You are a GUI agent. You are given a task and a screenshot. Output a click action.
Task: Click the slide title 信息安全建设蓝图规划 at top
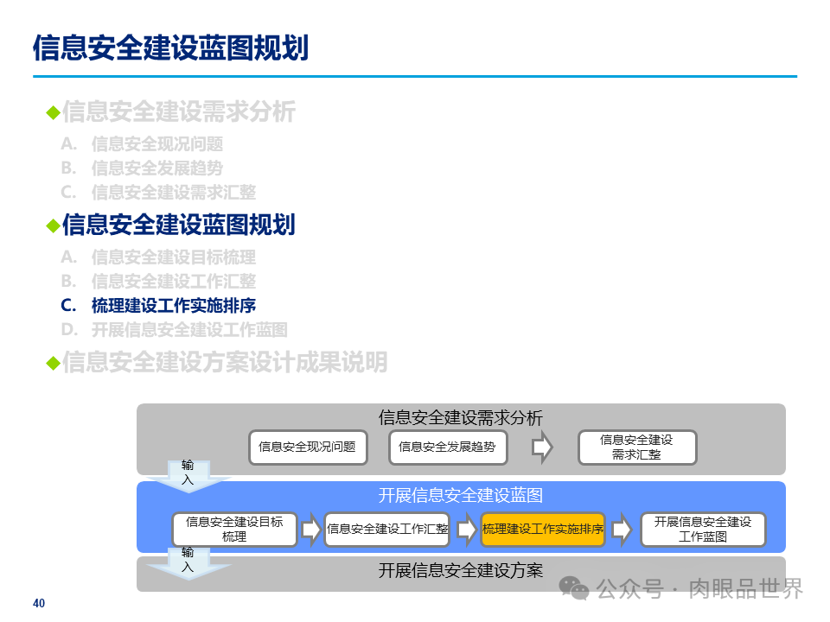click(170, 48)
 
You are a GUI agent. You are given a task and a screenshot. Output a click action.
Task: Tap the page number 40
click(38, 603)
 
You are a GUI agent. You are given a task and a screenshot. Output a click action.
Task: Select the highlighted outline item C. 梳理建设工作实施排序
click(158, 305)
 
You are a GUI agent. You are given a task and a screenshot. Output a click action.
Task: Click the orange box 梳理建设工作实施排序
click(542, 530)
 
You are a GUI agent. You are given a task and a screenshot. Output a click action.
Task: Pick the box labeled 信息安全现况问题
click(307, 447)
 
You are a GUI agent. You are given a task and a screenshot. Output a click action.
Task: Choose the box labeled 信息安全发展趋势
click(447, 447)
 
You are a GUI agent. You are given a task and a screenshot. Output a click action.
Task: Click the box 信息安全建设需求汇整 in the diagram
click(636, 447)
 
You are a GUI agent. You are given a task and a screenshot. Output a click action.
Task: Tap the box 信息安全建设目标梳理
click(234, 530)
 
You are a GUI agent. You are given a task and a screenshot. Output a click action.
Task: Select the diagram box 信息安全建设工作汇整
click(387, 530)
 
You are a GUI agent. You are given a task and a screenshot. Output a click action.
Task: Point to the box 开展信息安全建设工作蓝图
click(702, 530)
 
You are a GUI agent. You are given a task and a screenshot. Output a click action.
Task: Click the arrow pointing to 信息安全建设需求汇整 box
click(542, 447)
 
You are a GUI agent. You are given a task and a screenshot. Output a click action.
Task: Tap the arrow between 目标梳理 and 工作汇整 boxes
click(310, 530)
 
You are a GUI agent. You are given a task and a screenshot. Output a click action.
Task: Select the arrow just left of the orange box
click(467, 530)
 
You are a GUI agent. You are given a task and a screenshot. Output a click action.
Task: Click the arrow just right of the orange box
click(621, 530)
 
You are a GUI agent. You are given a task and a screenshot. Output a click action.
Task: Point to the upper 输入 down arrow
click(188, 476)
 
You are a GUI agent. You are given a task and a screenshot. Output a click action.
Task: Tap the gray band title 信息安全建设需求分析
click(461, 418)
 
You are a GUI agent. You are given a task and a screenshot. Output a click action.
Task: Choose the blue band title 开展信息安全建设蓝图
click(461, 495)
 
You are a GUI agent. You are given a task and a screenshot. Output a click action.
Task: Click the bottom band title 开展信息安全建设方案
click(461, 571)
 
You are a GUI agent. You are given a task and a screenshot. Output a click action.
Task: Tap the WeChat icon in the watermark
click(574, 588)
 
